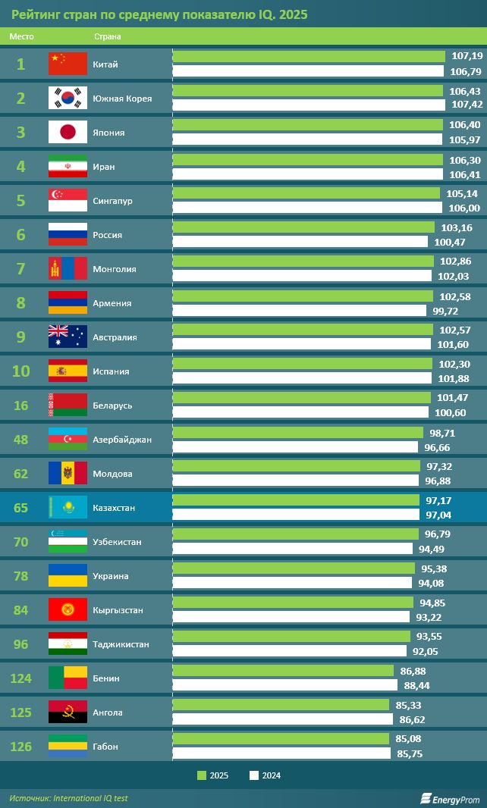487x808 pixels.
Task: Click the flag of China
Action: click(x=68, y=64)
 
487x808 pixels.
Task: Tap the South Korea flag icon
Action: click(x=68, y=98)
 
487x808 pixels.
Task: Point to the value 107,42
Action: click(x=466, y=105)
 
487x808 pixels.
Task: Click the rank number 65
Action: click(x=20, y=507)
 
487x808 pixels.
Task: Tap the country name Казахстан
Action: click(x=114, y=508)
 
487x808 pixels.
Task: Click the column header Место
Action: click(x=21, y=36)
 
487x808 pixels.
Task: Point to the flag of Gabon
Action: click(x=68, y=746)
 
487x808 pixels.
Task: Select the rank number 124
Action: click(x=20, y=678)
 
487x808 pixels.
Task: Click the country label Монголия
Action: click(x=114, y=269)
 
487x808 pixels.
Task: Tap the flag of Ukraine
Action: click(x=68, y=575)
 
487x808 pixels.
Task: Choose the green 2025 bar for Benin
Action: click(x=283, y=671)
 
